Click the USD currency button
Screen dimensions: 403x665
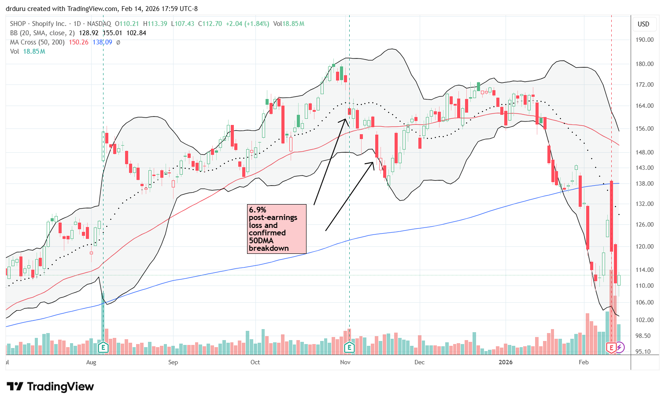643,24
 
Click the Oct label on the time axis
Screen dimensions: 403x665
255,362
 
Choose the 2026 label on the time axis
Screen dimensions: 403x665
506,362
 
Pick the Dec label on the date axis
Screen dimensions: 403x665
419,362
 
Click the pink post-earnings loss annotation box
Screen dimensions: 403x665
277,229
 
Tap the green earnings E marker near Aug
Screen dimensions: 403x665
103,348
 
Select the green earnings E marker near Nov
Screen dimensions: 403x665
349,348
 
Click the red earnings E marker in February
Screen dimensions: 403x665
611,348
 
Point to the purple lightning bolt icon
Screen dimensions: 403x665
620,348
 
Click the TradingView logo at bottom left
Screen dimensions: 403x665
51,387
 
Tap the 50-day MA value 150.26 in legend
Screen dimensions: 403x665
79,42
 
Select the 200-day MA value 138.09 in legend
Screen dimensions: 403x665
102,42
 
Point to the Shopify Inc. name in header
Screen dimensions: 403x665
49,24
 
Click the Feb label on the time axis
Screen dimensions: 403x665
584,362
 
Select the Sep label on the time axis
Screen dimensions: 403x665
173,362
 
